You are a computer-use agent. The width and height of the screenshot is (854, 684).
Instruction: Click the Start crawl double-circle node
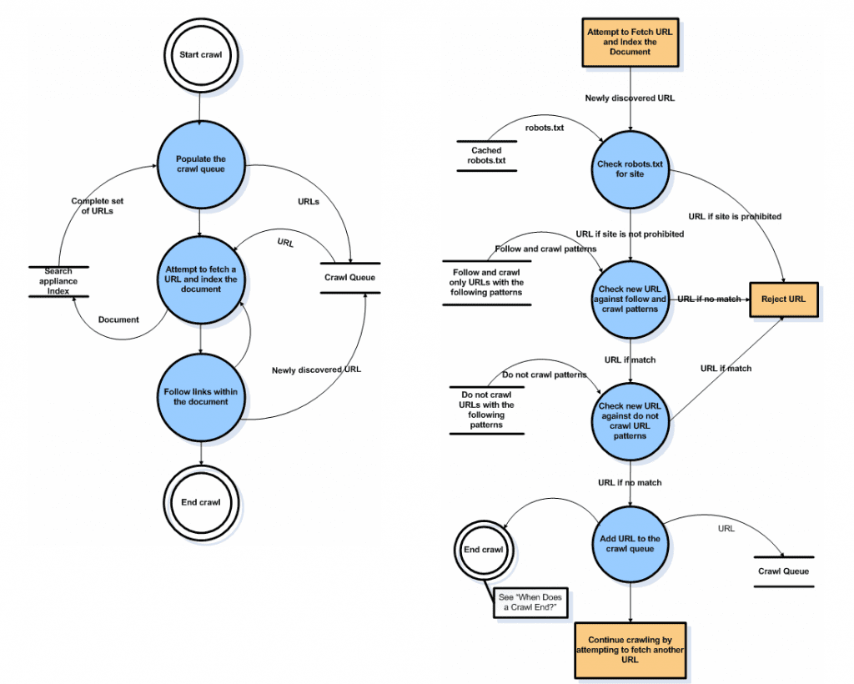(x=201, y=55)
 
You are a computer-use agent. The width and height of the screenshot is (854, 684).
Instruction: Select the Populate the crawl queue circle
(x=201, y=164)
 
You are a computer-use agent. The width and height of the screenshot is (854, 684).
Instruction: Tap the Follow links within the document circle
(x=201, y=397)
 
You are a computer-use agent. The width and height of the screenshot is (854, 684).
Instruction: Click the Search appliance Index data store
(x=58, y=281)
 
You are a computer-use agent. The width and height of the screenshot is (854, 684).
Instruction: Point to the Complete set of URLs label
(x=98, y=206)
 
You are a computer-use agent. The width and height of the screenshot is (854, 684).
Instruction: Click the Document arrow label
(x=118, y=319)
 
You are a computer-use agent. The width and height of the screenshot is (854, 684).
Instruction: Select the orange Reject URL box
(x=784, y=299)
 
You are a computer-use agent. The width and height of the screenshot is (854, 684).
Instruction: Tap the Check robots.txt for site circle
(x=630, y=169)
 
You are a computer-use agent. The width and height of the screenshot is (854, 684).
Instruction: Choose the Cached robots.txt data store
(x=486, y=156)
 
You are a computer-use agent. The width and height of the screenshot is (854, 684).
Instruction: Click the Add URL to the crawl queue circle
(x=630, y=544)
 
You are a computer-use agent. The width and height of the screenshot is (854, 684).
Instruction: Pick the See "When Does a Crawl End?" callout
(x=530, y=602)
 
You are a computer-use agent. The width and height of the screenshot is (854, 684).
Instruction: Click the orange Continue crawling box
(x=630, y=651)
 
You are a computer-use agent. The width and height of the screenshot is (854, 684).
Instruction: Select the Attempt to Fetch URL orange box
(x=630, y=42)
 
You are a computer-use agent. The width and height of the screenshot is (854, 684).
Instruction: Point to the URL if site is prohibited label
(x=735, y=216)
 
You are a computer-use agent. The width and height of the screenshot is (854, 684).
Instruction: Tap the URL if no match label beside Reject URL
(x=709, y=299)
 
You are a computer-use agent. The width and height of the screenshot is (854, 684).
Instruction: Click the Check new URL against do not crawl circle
(x=630, y=421)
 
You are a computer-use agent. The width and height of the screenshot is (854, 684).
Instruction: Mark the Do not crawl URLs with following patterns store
(x=486, y=410)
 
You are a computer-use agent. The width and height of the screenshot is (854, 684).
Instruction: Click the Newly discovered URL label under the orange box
(x=630, y=98)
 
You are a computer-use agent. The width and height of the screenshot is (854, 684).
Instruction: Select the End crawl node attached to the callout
(x=484, y=550)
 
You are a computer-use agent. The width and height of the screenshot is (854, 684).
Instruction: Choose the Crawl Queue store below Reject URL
(x=784, y=571)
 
